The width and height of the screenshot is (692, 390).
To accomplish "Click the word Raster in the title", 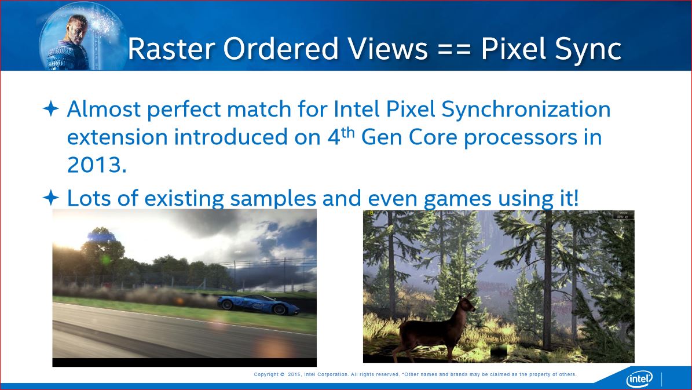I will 171,49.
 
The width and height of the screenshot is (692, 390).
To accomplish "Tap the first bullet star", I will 51,109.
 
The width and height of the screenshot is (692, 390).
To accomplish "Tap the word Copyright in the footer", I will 266,374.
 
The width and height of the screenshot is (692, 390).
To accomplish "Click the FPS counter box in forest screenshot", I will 624,216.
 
